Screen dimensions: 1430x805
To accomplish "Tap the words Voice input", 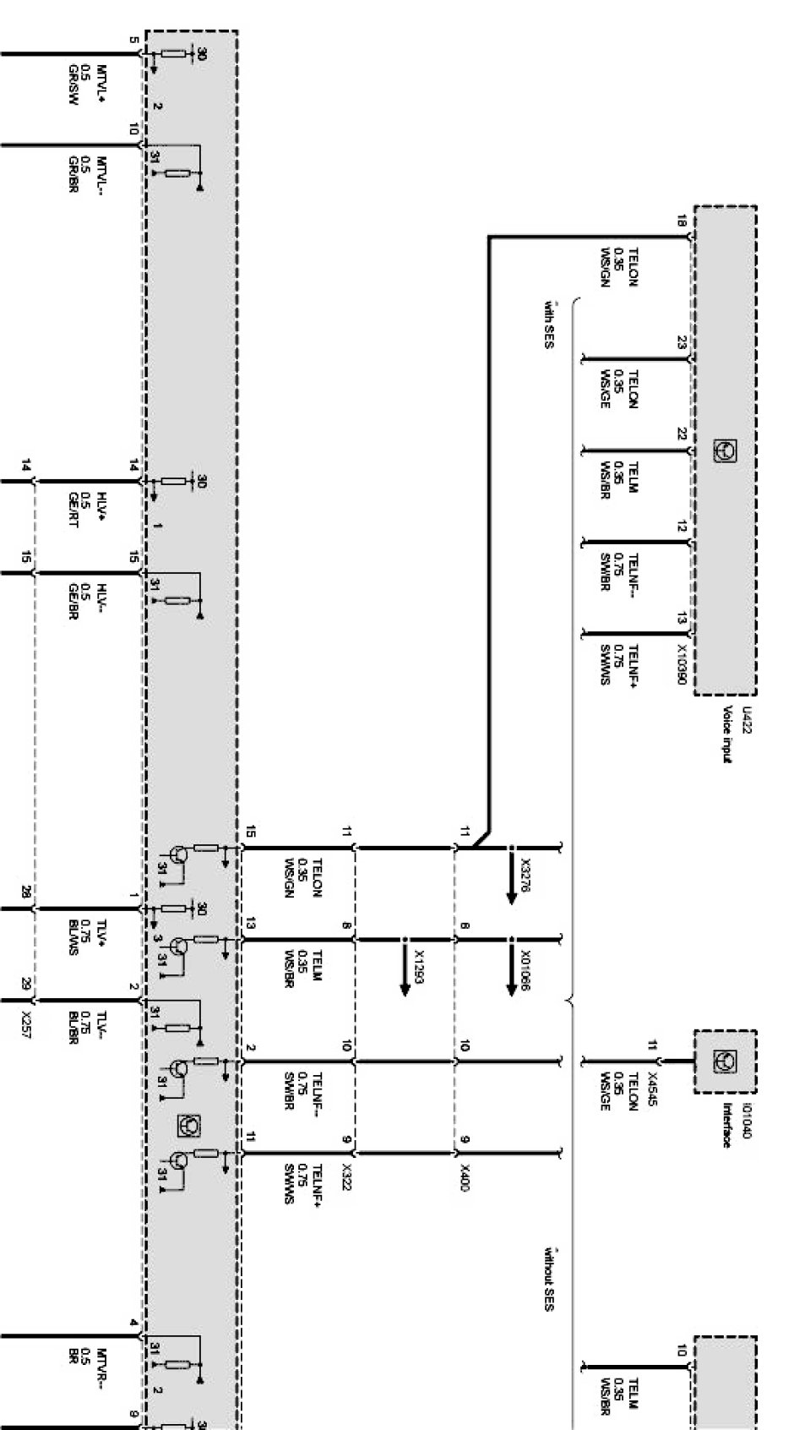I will point(726,734).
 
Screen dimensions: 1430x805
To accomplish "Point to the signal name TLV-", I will point(102,1023).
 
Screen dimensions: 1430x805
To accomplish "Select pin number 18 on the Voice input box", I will point(681,223).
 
